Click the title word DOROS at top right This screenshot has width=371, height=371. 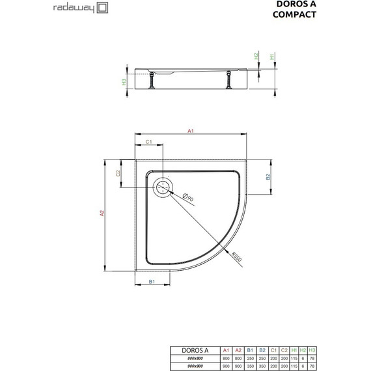pos(330,4)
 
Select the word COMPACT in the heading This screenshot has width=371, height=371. pos(331,14)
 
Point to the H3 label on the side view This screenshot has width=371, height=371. pos(124,82)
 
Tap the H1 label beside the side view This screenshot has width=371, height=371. pos(272,57)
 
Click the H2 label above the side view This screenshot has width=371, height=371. pos(256,57)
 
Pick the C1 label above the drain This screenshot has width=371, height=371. pos(149,143)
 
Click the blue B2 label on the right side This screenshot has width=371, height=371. pos(267,176)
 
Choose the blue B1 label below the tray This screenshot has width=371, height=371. pos(151,281)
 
